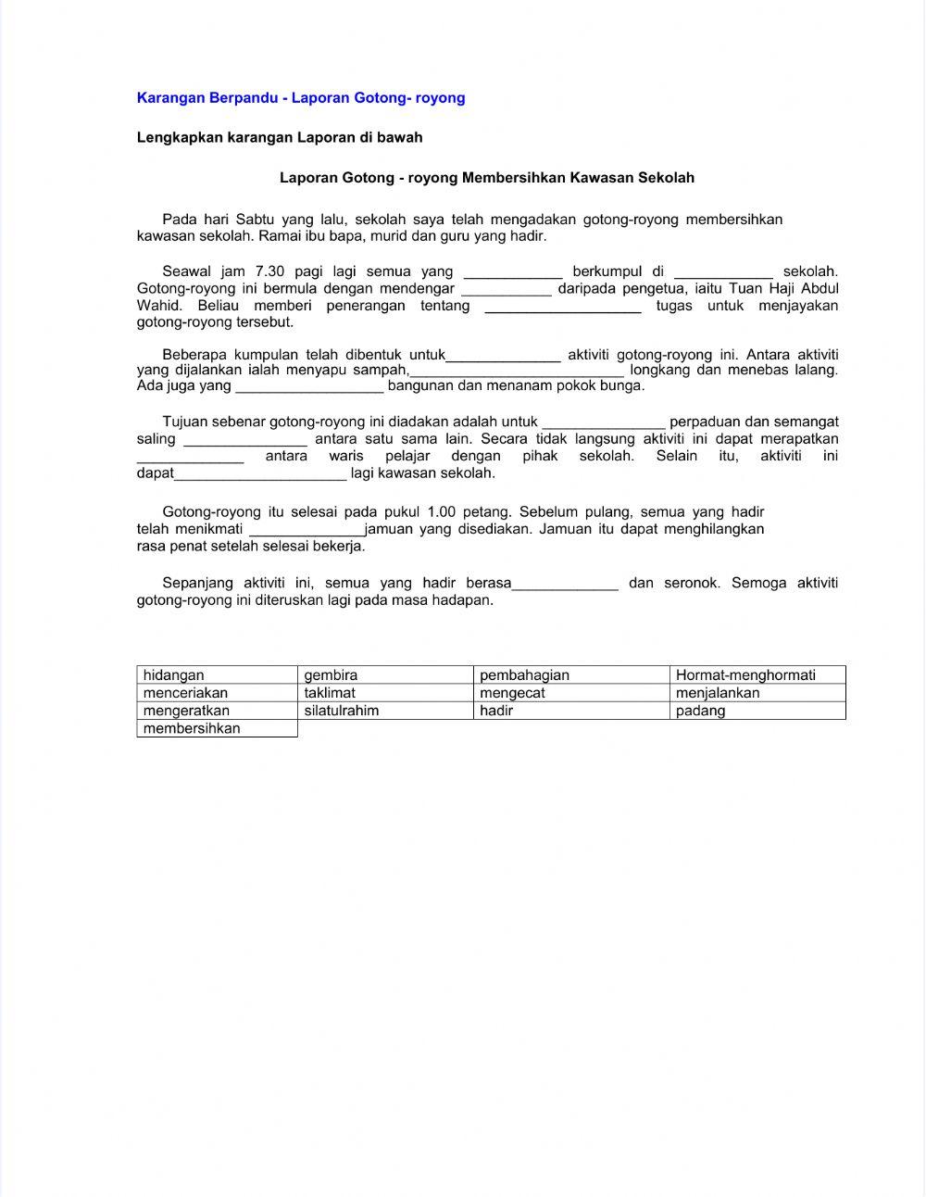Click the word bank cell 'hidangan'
pyautogui.click(x=217, y=675)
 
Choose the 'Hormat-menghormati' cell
pyautogui.click(x=757, y=675)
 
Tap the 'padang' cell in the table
pyautogui.click(x=757, y=711)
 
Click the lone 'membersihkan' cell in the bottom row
pyautogui.click(x=217, y=728)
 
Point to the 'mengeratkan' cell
pyautogui.click(x=217, y=711)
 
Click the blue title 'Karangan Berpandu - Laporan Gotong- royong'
pyautogui.click(x=301, y=97)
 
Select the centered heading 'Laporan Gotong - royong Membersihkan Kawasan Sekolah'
pyautogui.click(x=487, y=177)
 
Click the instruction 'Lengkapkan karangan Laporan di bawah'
pyautogui.click(x=280, y=137)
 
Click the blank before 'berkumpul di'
pyautogui.click(x=512, y=272)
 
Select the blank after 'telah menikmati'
pyautogui.click(x=307, y=530)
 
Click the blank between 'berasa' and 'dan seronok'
pyautogui.click(x=565, y=584)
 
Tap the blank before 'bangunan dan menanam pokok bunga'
pyautogui.click(x=309, y=386)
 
